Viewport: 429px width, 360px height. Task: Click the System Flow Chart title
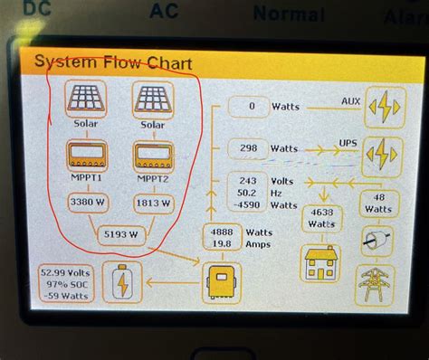102,62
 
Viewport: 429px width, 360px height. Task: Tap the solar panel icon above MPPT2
153,98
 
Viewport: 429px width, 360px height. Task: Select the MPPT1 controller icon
86,156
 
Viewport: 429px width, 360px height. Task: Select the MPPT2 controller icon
153,156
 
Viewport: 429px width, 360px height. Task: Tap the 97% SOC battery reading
64,282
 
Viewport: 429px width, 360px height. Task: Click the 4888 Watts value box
223,238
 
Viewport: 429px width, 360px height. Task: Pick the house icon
321,261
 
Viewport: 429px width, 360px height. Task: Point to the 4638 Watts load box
321,216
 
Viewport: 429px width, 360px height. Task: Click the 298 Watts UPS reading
246,147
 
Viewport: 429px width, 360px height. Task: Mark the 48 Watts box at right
380,203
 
